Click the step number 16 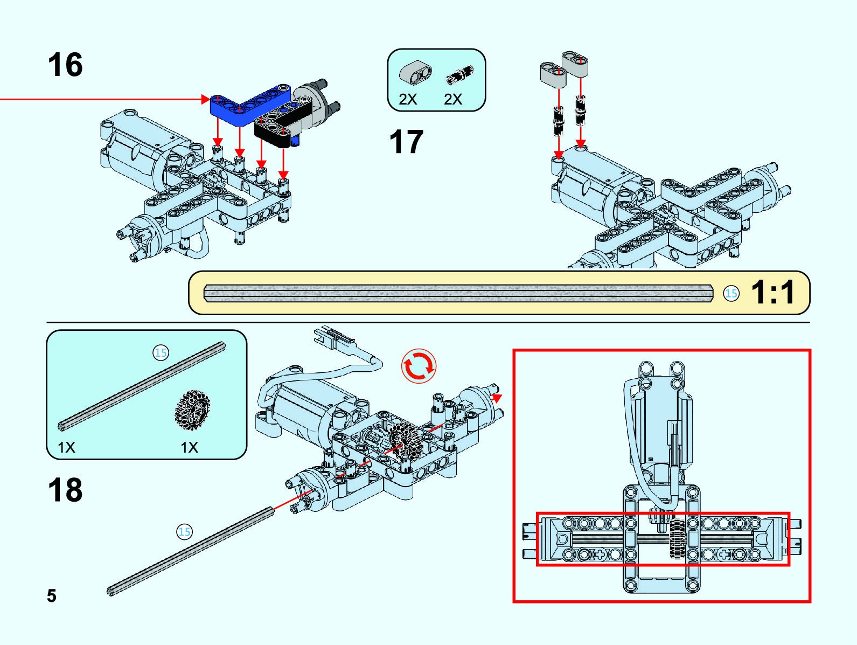tap(65, 65)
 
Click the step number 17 tap(406, 142)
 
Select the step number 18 tap(65, 490)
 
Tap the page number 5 tap(52, 595)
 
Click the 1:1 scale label tap(772, 293)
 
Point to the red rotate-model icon tap(419, 366)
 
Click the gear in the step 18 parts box tap(192, 410)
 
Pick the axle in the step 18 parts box tap(141, 386)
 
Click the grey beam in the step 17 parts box tap(415, 73)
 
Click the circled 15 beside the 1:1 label tap(731, 293)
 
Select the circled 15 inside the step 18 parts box tap(161, 352)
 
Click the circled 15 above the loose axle tap(184, 532)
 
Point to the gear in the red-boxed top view tap(677, 539)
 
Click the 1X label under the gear tap(190, 447)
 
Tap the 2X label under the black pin tap(453, 99)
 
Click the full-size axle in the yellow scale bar tap(458, 293)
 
